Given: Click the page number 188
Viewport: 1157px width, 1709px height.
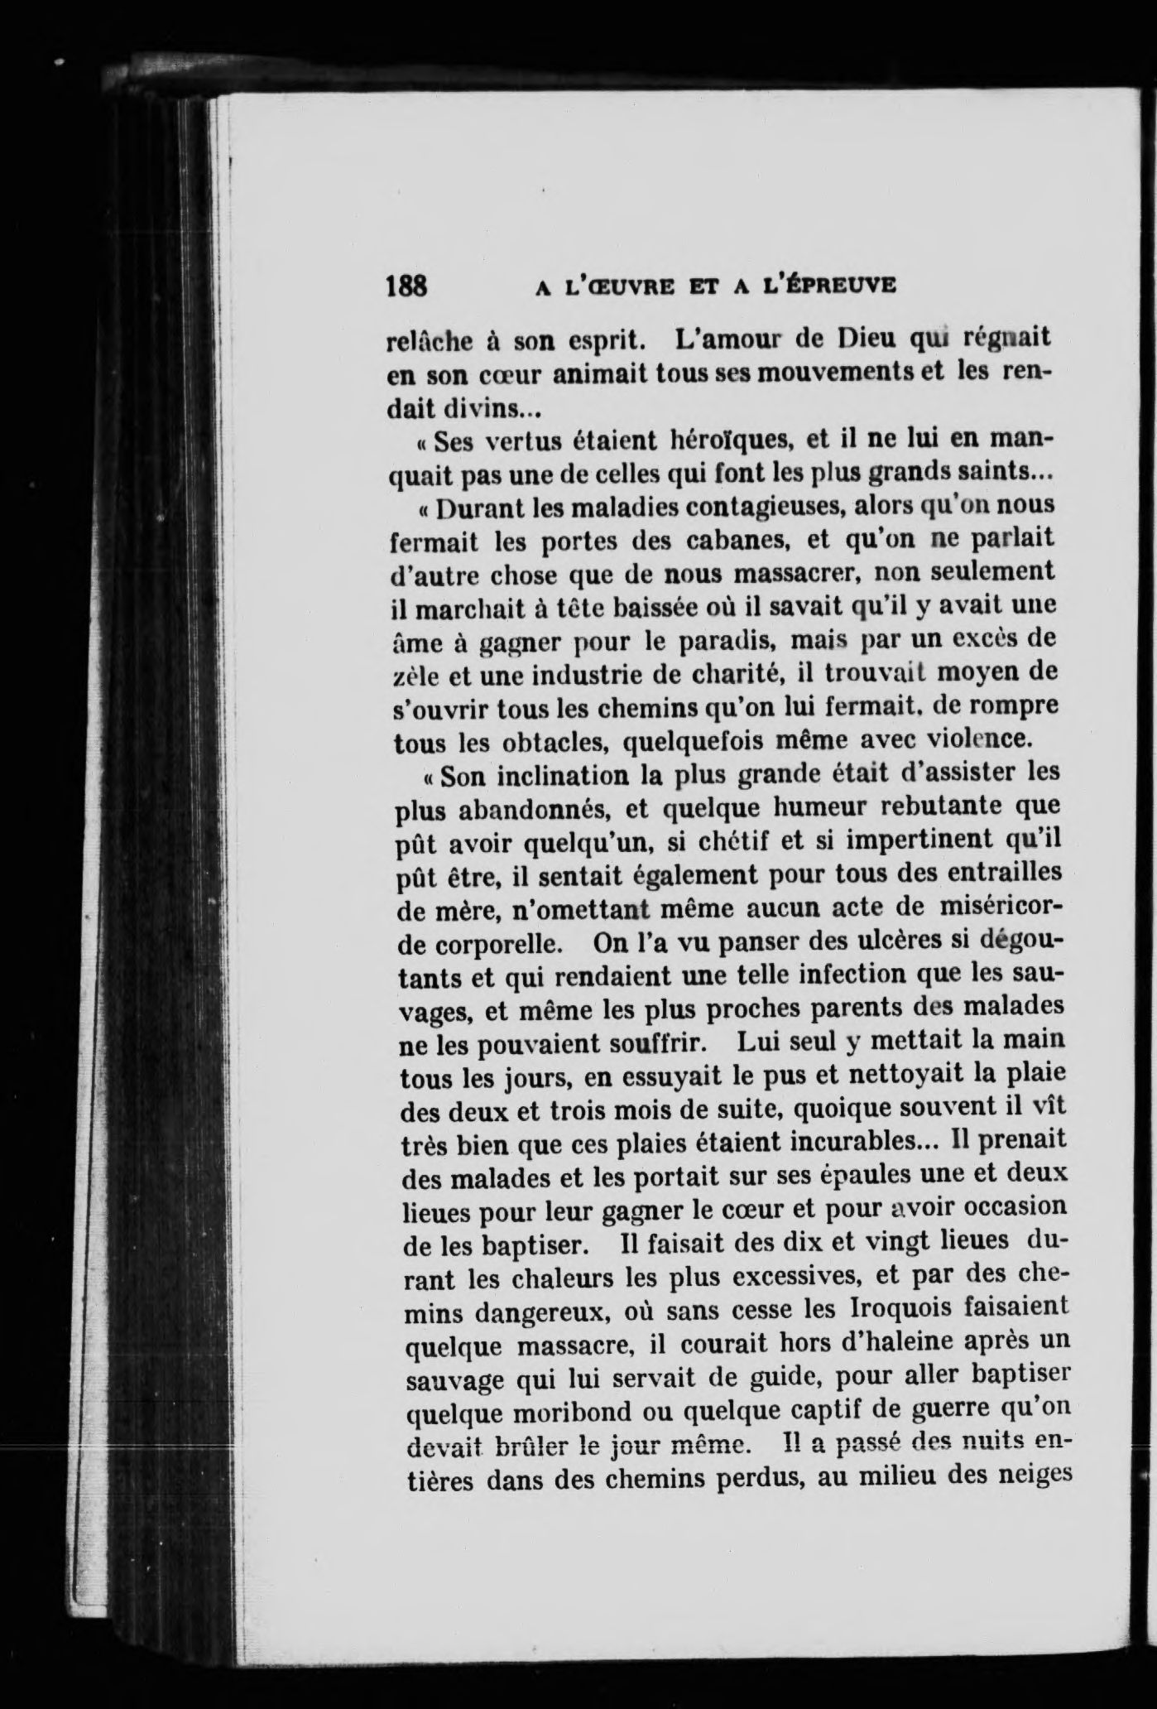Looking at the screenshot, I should coord(406,286).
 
